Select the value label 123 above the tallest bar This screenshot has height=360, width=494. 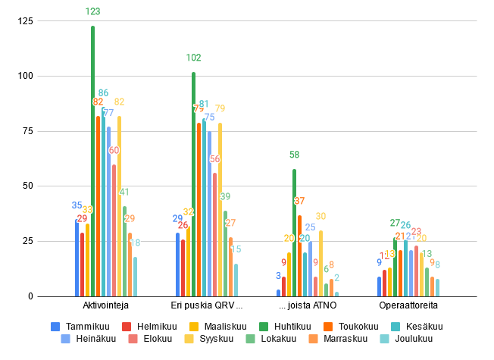coord(93,11)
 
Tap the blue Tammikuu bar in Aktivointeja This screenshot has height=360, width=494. coord(77,258)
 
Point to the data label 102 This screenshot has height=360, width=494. coord(194,58)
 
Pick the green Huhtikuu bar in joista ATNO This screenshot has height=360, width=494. coord(294,233)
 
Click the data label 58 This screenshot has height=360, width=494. coord(294,155)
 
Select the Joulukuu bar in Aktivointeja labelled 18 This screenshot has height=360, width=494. coord(136,277)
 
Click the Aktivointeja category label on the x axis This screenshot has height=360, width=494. coord(106,306)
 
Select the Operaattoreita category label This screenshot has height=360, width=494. coord(408,306)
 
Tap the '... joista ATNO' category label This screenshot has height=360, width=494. coord(308,306)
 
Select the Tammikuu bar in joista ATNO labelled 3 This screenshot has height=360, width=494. coord(278,293)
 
